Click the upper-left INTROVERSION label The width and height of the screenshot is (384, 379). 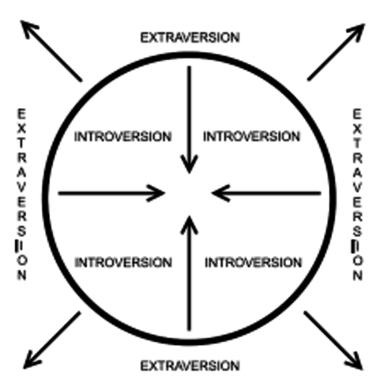[122, 137]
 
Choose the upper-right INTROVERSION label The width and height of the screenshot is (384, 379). [252, 137]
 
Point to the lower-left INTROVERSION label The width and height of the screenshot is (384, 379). [122, 261]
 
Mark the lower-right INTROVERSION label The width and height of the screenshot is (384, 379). [252, 261]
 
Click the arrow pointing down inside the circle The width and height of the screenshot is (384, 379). [188, 118]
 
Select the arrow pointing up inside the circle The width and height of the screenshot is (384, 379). [188, 272]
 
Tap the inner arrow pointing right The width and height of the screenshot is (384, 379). [111, 191]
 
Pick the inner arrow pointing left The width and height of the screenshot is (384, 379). [267, 191]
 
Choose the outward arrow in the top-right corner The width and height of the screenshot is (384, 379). [336, 51]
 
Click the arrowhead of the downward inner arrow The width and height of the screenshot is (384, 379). [188, 164]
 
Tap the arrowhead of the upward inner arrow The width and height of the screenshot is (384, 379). [188, 222]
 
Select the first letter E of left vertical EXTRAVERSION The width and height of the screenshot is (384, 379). [22, 113]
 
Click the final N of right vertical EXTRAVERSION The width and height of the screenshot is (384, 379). [357, 276]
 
